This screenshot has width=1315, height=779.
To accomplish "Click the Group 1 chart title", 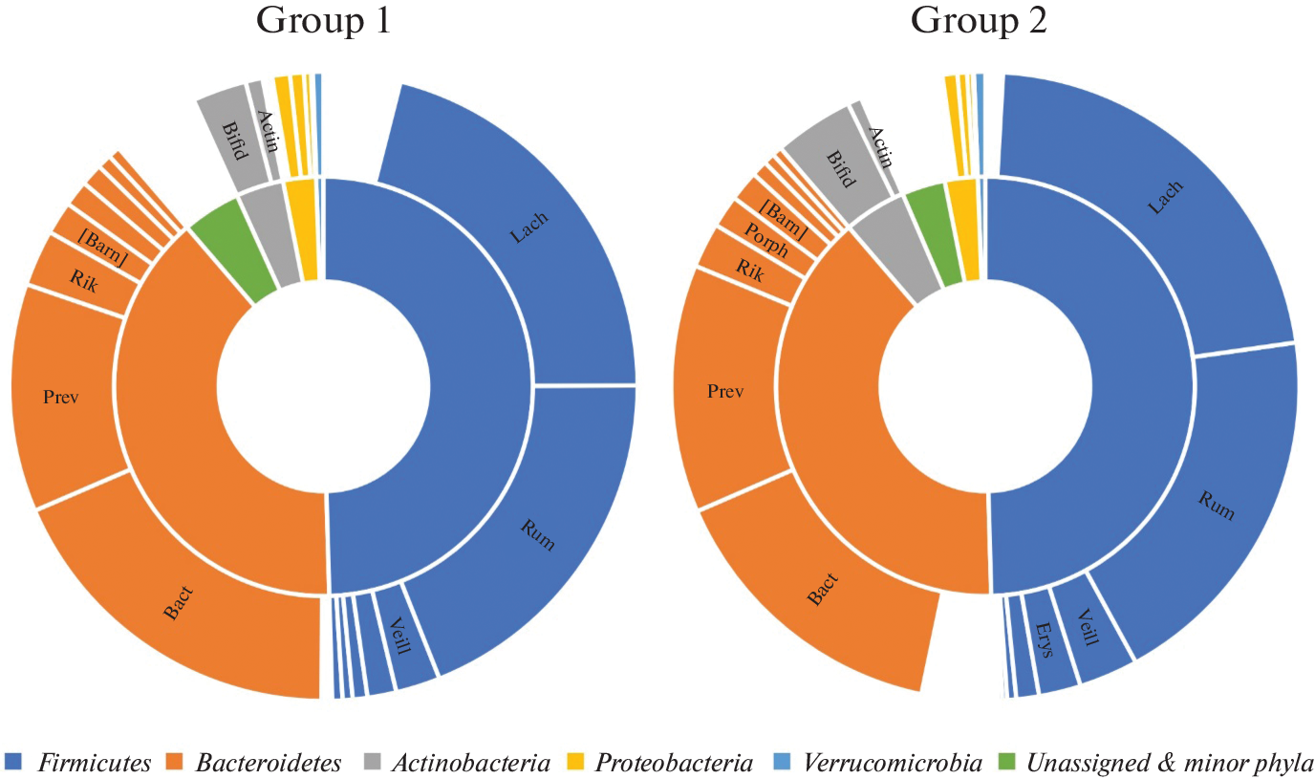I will coord(322,21).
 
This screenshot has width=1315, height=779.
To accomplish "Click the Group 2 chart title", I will coord(979,21).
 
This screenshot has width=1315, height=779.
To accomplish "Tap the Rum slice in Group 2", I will coord(1214,507).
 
